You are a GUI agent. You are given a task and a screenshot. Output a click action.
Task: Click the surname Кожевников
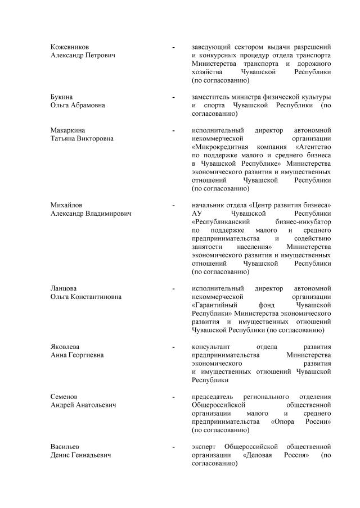click(x=69, y=47)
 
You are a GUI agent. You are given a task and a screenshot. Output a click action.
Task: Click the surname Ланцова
click(x=64, y=288)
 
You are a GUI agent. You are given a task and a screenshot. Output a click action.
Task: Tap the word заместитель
click(x=213, y=97)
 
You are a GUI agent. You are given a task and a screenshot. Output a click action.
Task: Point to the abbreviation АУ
click(x=197, y=214)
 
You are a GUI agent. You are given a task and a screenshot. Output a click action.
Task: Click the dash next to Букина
click(x=173, y=97)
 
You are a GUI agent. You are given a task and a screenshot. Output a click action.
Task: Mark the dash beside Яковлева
click(x=173, y=348)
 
